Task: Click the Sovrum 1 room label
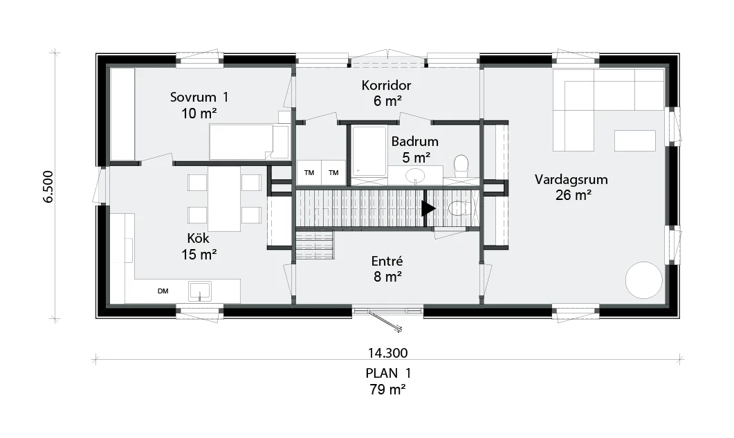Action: pos(199,98)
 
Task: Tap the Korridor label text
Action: pos(386,85)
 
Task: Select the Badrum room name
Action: pos(415,141)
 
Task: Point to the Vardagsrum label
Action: pos(571,180)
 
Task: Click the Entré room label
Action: pos(387,261)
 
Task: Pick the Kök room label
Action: pos(198,238)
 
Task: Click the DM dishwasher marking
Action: pos(163,291)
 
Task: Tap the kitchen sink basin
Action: pos(200,291)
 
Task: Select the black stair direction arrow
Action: pos(428,208)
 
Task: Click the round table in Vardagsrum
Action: pos(643,280)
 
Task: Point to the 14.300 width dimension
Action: pos(387,353)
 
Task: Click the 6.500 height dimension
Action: pos(48,186)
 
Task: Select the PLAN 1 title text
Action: pos(388,374)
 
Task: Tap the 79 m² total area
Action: pos(387,390)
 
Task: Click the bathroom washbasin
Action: pos(415,176)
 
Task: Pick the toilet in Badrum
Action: pos(461,165)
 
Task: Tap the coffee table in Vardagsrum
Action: pos(634,140)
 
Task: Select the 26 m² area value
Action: pos(573,195)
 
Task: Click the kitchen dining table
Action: pos(224,199)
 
